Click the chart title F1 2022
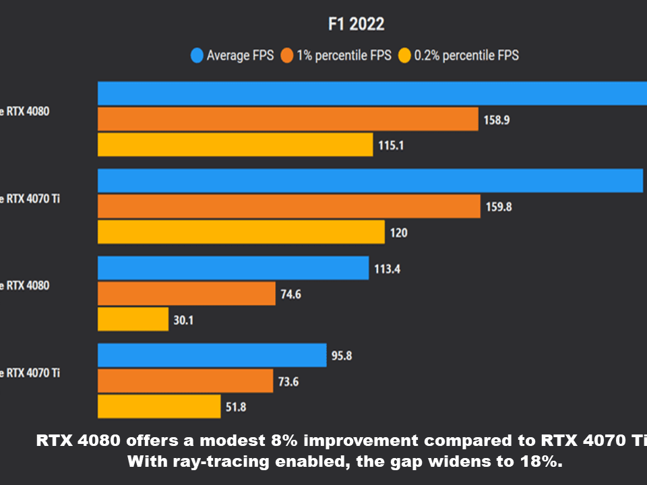356,24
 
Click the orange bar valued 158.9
288,119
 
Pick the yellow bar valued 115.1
235,145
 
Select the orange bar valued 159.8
288,207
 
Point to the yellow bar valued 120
241,232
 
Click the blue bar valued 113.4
233,268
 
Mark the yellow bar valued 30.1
133,320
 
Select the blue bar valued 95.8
212,356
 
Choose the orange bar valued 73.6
185,381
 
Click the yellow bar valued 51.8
159,407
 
